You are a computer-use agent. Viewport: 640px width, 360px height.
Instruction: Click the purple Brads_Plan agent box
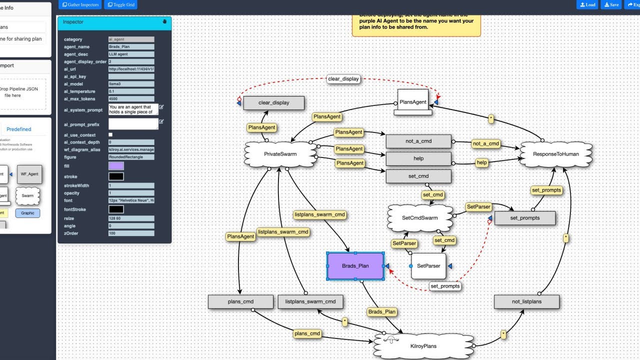(355, 266)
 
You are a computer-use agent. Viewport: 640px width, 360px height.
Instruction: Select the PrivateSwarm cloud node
(280, 154)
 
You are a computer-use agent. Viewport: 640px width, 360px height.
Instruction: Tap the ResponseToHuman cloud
(555, 154)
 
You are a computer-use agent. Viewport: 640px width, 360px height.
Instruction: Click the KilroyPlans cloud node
(423, 346)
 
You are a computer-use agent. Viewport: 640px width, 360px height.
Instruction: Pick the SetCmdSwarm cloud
(419, 218)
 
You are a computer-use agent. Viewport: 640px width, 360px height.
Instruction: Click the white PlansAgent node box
(413, 102)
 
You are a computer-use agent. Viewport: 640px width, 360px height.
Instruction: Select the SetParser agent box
(428, 266)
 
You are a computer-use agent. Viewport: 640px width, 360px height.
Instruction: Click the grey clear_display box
(273, 103)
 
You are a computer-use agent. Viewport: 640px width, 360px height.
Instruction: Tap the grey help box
(418, 158)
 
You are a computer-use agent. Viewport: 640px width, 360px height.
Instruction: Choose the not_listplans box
(526, 301)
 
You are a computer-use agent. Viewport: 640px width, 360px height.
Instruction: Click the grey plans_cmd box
(240, 301)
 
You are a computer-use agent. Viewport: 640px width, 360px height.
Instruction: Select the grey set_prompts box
(524, 218)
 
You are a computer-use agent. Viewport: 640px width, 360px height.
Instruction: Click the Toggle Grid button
(120, 4)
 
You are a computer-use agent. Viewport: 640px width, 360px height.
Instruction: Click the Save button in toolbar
(611, 4)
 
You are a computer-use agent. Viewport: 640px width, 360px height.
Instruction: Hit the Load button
(587, 4)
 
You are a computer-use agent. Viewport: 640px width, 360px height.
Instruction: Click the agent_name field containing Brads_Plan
(131, 46)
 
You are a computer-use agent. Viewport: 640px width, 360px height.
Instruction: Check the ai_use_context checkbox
(110, 135)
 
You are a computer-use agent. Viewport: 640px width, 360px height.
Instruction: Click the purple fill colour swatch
(116, 166)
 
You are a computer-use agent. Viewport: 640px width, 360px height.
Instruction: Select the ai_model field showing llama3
(131, 84)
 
